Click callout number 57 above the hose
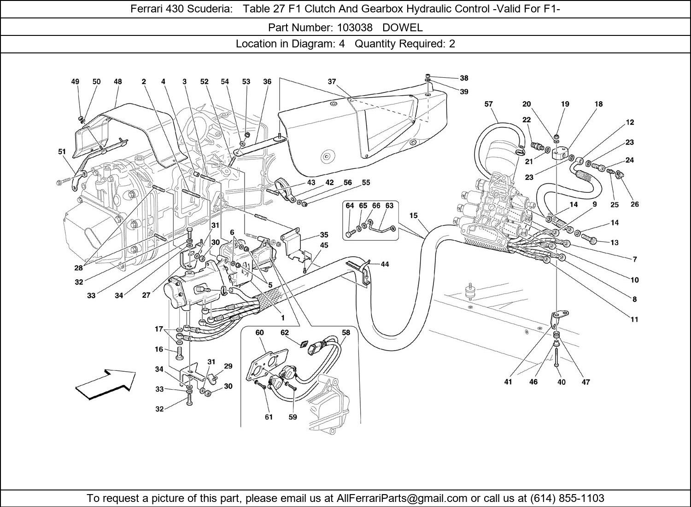pyautogui.click(x=489, y=104)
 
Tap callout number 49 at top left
pyautogui.click(x=75, y=82)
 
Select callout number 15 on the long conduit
pyautogui.click(x=413, y=215)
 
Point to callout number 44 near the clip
pyautogui.click(x=385, y=264)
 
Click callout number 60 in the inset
pyautogui.click(x=259, y=333)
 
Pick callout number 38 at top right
pyautogui.click(x=464, y=78)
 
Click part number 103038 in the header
pyautogui.click(x=354, y=28)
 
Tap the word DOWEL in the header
pyautogui.click(x=402, y=28)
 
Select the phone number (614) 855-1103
pyautogui.click(x=568, y=498)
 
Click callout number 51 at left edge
pyautogui.click(x=62, y=151)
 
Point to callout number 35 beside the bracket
pyautogui.click(x=324, y=235)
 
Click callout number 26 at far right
pyautogui.click(x=634, y=204)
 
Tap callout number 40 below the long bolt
pyautogui.click(x=561, y=382)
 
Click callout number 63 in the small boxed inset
pyautogui.click(x=389, y=206)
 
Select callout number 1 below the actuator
pyautogui.click(x=282, y=317)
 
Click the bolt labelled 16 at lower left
pyautogui.click(x=179, y=354)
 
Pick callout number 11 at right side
pyautogui.click(x=634, y=319)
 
